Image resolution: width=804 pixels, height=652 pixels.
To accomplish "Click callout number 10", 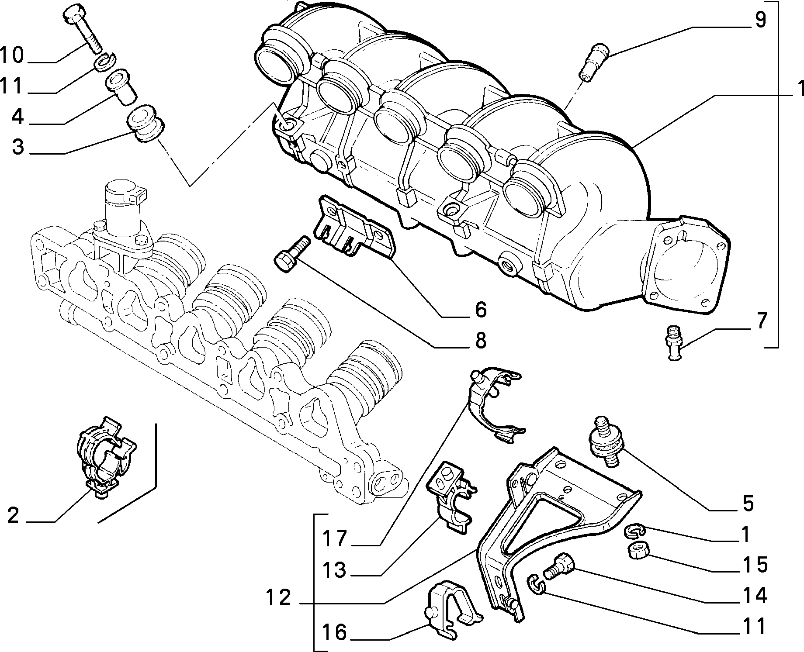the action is point(12,55).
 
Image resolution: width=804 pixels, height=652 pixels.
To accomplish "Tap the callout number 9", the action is point(760,20).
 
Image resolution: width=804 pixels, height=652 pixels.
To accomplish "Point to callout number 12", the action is point(279,597).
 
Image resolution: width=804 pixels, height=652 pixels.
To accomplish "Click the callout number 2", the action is point(14,516).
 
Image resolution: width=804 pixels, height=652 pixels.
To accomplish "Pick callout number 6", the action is point(480,309).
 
